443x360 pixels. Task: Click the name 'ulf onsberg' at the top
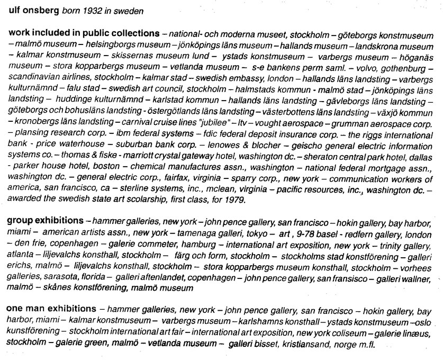(31, 10)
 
